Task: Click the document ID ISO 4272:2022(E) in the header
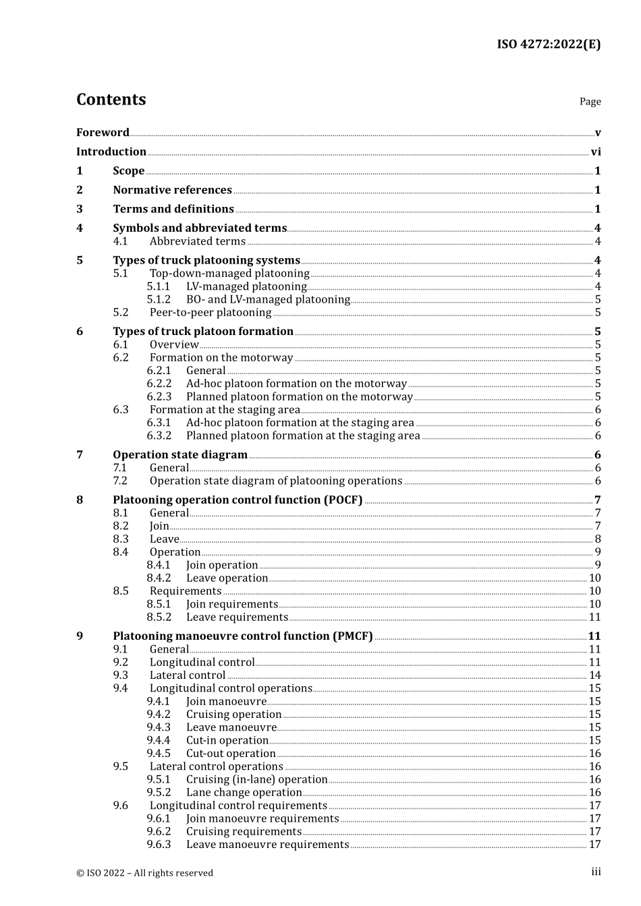pyautogui.click(x=549, y=44)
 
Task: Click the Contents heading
pyautogui.click(x=111, y=100)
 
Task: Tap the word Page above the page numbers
pyautogui.click(x=590, y=102)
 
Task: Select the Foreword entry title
pyautogui.click(x=103, y=133)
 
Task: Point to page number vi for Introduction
pyautogui.click(x=596, y=152)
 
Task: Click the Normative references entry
pyautogui.click(x=172, y=190)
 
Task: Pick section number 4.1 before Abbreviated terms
pyautogui.click(x=120, y=241)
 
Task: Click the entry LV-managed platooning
pyautogui.click(x=246, y=286)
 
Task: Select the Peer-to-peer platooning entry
pyautogui.click(x=211, y=313)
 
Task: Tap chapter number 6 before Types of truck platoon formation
pyautogui.click(x=80, y=332)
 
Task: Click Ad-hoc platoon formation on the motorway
pyautogui.click(x=296, y=384)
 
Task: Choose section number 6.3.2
pyautogui.click(x=159, y=435)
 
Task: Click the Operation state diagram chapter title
pyautogui.click(x=180, y=455)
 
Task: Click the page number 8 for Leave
pyautogui.click(x=598, y=539)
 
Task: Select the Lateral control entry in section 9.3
pyautogui.click(x=188, y=675)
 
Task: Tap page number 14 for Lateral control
pyautogui.click(x=594, y=675)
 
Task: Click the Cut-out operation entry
pyautogui.click(x=231, y=754)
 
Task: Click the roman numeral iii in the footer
pyautogui.click(x=596, y=872)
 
